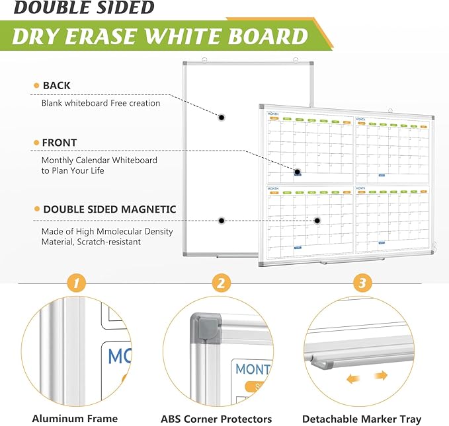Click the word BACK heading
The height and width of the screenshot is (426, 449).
point(56,85)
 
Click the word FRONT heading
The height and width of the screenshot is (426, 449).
point(60,142)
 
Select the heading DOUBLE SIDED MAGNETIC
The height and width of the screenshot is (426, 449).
point(109,209)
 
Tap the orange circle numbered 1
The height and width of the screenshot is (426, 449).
point(77,283)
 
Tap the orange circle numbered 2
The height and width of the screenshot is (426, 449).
point(221,283)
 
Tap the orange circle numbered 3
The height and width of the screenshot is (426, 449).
point(361,283)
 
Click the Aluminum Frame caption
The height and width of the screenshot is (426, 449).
point(75,418)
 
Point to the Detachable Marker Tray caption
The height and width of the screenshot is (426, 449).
point(361,419)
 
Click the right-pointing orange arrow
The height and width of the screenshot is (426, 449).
point(379,376)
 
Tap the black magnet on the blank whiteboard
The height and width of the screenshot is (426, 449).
point(222,118)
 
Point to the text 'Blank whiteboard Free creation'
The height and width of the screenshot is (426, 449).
point(101,103)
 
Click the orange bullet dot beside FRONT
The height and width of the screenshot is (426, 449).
point(36,143)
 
